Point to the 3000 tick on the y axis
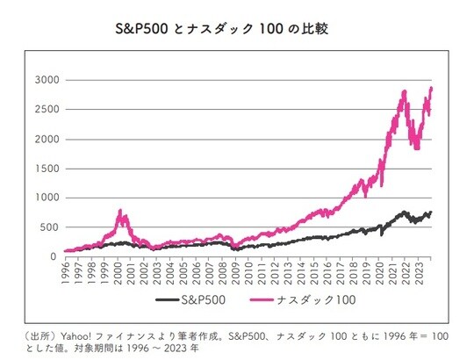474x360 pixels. click(x=46, y=80)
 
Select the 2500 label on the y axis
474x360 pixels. click(x=46, y=110)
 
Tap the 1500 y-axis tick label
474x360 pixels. click(x=46, y=169)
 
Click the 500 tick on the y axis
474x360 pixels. click(x=48, y=227)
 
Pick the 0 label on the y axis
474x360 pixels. click(x=54, y=256)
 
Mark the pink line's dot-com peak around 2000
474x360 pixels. click(x=120, y=211)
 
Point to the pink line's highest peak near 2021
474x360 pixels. click(x=403, y=91)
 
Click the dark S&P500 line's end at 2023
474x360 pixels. click(x=431, y=212)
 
